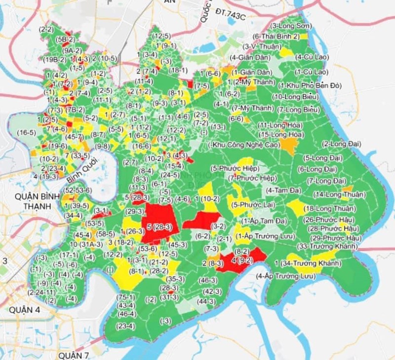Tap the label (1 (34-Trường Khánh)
pos(308,264)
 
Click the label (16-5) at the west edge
pos(26,133)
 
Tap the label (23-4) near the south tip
pos(125,326)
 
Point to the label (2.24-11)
pos(42,292)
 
